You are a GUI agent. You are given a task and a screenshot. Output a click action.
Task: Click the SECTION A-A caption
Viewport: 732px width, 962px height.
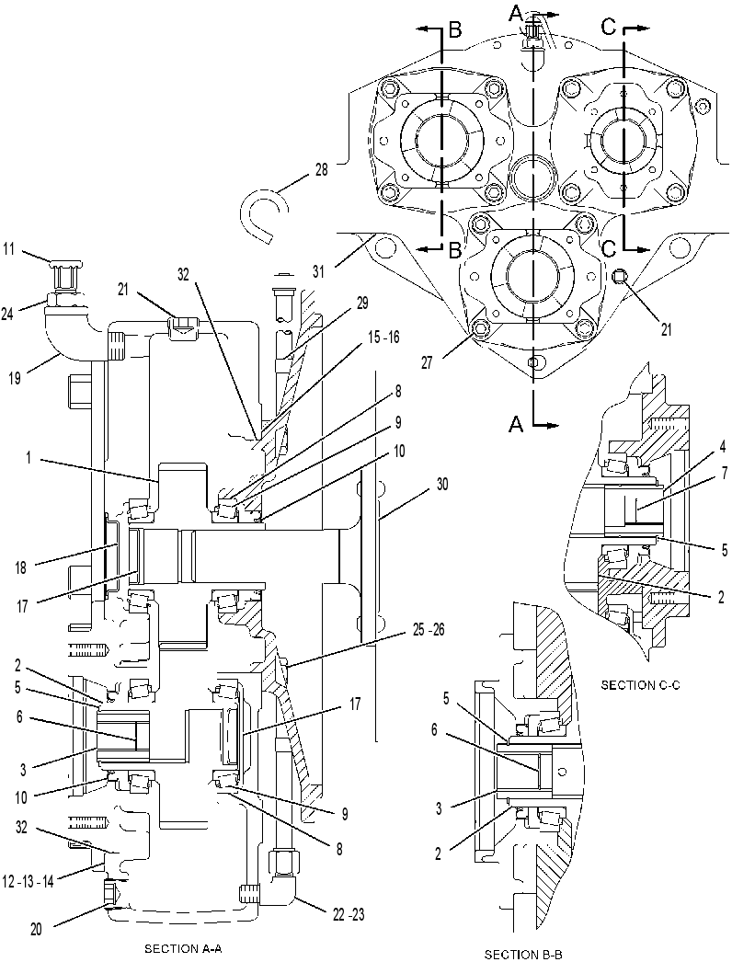point(182,948)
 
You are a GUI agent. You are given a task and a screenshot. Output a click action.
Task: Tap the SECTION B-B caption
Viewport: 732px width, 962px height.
point(523,954)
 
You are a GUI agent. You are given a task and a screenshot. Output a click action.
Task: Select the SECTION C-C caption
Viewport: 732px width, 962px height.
point(640,684)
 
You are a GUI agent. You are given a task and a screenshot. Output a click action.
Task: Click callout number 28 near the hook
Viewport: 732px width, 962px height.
point(321,170)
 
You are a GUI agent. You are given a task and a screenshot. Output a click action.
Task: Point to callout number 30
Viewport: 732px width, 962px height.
point(441,485)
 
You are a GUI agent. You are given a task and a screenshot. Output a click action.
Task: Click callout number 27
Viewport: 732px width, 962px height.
point(426,362)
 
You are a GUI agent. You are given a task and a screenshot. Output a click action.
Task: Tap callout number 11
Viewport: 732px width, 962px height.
point(10,249)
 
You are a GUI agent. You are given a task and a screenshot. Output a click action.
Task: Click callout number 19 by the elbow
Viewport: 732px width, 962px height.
point(15,378)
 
